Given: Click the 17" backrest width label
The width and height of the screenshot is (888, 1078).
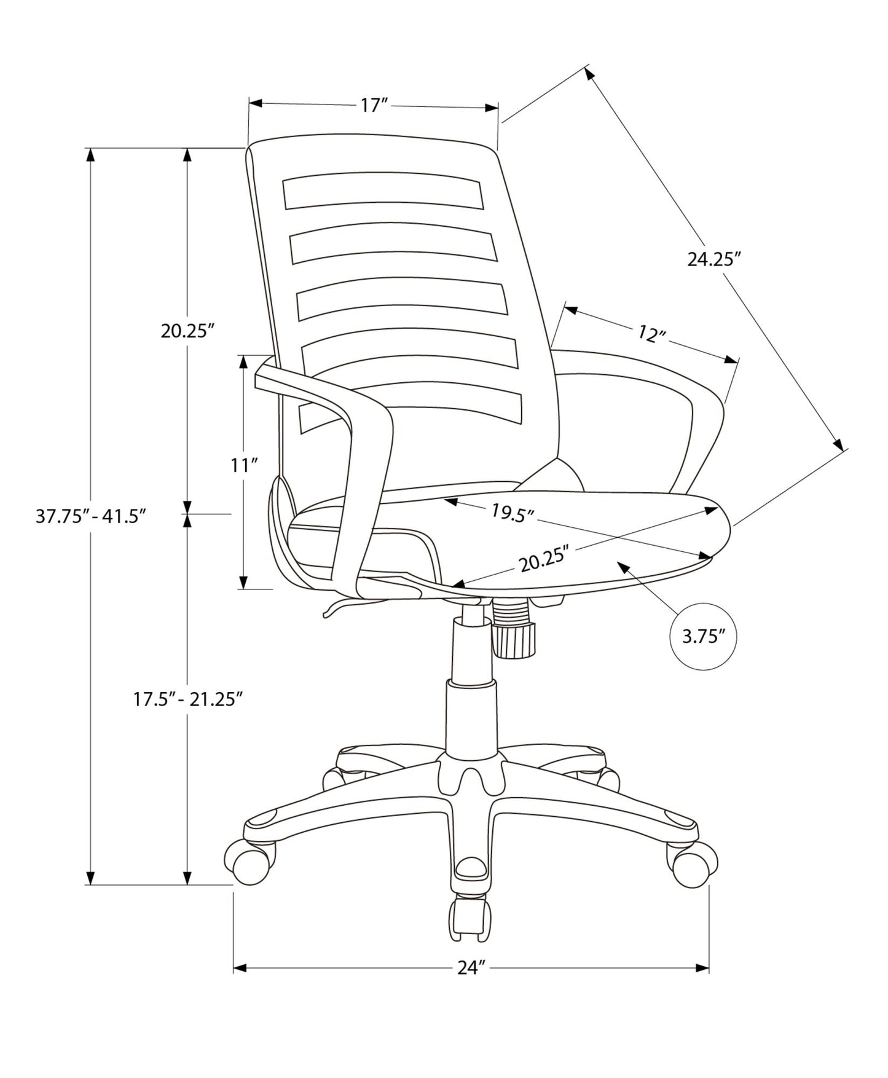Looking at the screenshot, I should pyautogui.click(x=372, y=106).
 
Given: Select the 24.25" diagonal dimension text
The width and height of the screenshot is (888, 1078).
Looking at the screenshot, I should pyautogui.click(x=711, y=259).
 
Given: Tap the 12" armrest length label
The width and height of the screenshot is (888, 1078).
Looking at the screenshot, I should pyautogui.click(x=651, y=334).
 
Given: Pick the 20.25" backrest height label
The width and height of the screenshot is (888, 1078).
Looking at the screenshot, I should pyautogui.click(x=187, y=331).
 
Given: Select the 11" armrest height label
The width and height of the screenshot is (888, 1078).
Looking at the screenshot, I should pyautogui.click(x=243, y=465).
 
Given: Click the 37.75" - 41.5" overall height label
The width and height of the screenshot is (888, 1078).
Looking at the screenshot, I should pyautogui.click(x=90, y=516).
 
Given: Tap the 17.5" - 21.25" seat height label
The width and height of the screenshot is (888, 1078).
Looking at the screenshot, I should pyautogui.click(x=185, y=699).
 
